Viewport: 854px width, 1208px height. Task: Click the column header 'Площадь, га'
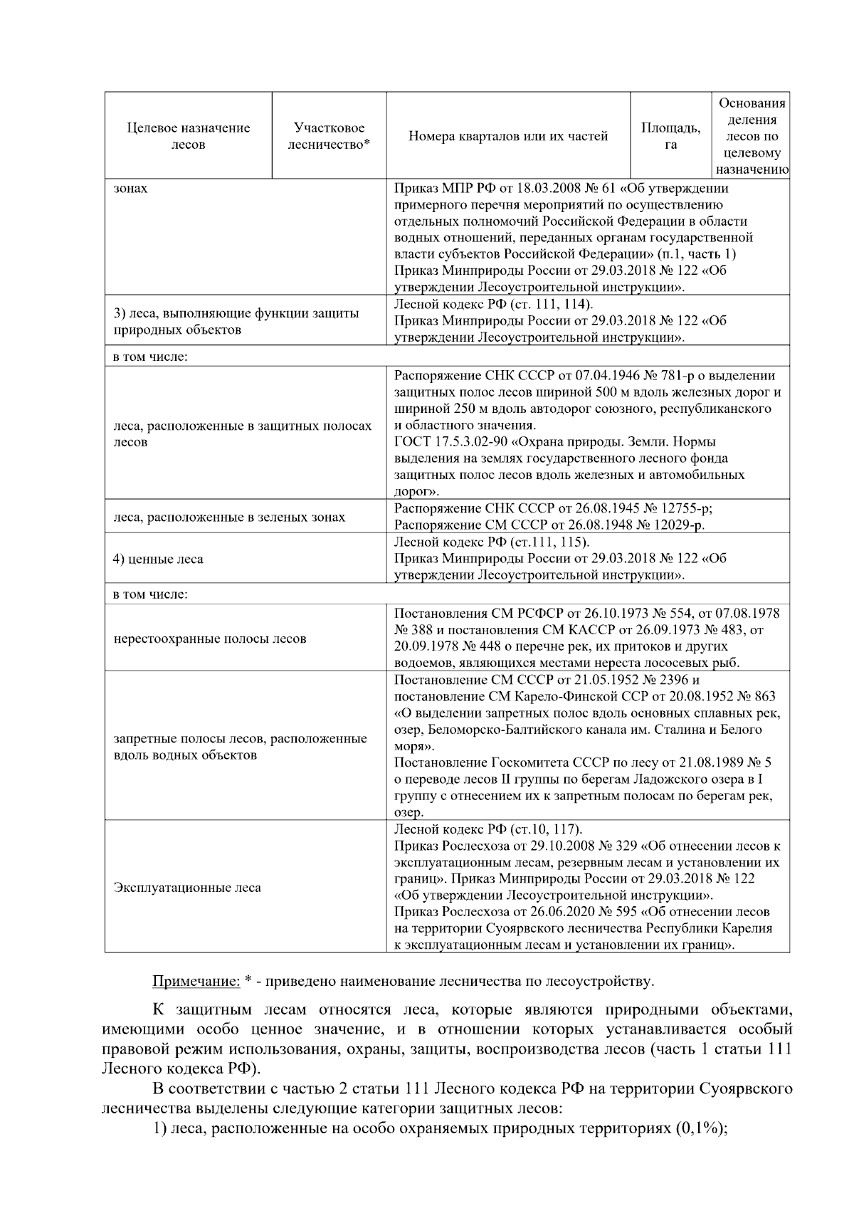pyautogui.click(x=670, y=136)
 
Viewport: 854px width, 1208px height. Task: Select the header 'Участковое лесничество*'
pyautogui.click(x=329, y=136)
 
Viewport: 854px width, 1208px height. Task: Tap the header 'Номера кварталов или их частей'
pyautogui.click(x=508, y=136)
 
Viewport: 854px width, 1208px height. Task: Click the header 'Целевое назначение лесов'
pyautogui.click(x=189, y=136)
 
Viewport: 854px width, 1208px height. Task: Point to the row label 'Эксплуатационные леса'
pyautogui.click(x=187, y=888)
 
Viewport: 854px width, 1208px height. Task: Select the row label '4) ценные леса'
pyautogui.click(x=158, y=559)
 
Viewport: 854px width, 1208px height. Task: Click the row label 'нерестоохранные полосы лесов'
pyautogui.click(x=210, y=639)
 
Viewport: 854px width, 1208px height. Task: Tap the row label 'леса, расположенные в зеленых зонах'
pyautogui.click(x=229, y=517)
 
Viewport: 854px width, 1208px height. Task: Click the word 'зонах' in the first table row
pyautogui.click(x=131, y=189)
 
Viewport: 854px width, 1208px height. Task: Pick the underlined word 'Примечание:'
pyautogui.click(x=196, y=982)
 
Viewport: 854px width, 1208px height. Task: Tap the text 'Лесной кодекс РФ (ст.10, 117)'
pyautogui.click(x=488, y=829)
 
